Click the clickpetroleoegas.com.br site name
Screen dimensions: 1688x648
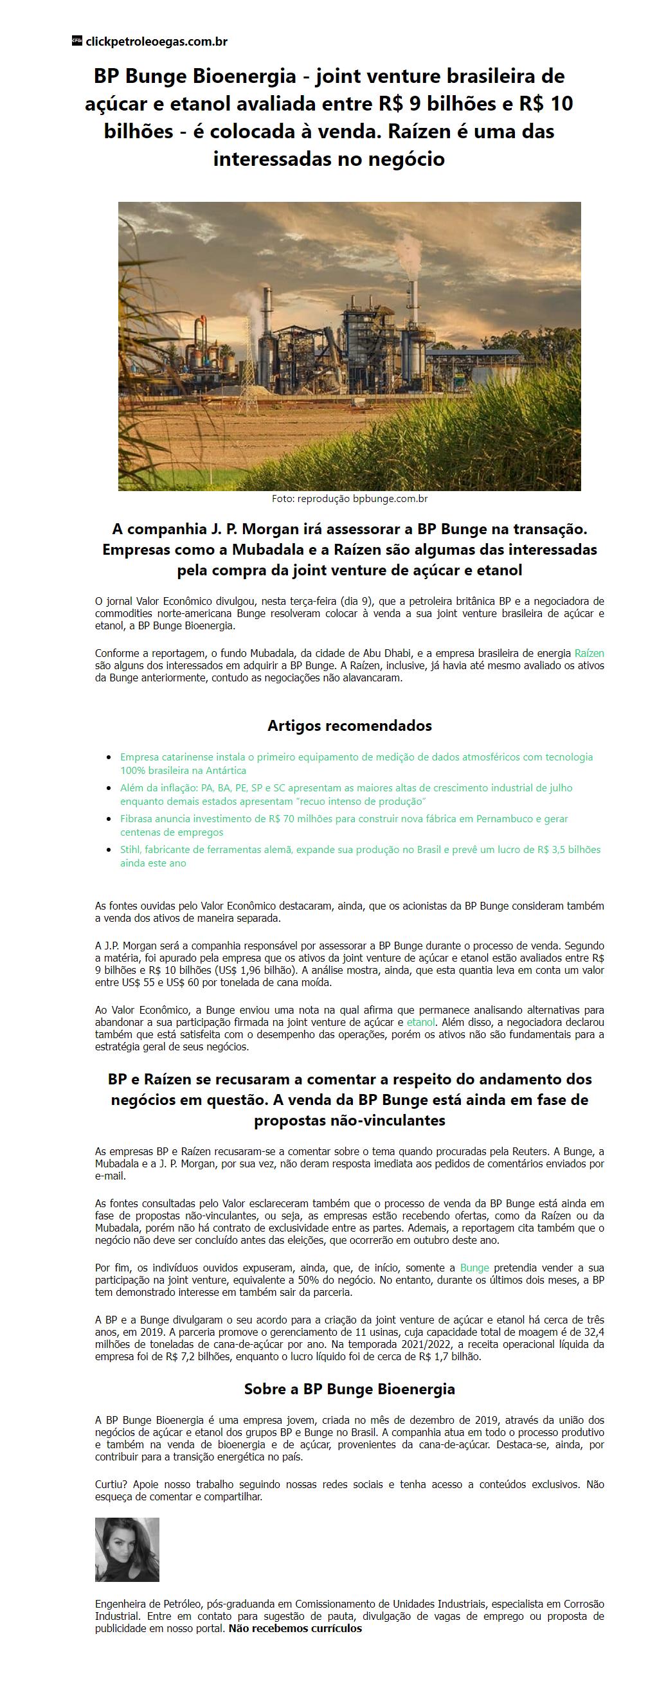(x=157, y=42)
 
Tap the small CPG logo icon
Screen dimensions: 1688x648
(x=76, y=41)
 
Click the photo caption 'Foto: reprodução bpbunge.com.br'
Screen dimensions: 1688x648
(x=349, y=499)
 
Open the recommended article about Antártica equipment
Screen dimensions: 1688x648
(x=355, y=764)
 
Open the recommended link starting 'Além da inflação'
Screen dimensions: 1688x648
(x=346, y=795)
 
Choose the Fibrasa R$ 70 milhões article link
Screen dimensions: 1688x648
(x=343, y=825)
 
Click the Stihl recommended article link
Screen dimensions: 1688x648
(x=360, y=856)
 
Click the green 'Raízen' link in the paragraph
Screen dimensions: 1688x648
(x=589, y=652)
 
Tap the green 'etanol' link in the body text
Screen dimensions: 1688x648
(x=420, y=1021)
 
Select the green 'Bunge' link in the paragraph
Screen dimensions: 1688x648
(x=474, y=1268)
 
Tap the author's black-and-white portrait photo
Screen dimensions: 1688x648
(x=127, y=1550)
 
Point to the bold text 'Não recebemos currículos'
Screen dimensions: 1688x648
(x=295, y=1628)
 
